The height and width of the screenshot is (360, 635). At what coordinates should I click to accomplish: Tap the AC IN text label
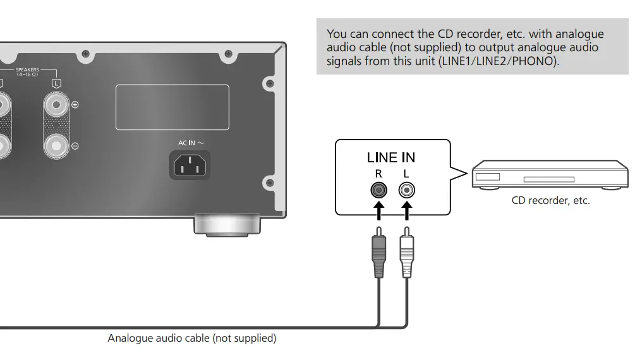[191, 143]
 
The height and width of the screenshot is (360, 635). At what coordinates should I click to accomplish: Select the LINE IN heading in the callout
[391, 157]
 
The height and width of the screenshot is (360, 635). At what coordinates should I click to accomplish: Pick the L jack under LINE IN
[406, 189]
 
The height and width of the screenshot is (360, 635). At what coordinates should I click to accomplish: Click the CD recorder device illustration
[550, 175]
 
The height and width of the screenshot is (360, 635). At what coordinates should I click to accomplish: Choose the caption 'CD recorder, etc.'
[550, 201]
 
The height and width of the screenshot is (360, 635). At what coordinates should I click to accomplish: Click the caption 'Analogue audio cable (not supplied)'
[192, 339]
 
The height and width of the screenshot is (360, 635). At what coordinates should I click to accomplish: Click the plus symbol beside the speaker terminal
[75, 105]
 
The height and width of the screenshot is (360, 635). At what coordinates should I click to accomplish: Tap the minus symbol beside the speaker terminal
[75, 146]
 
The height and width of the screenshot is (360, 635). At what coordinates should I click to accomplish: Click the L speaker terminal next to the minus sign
[57, 146]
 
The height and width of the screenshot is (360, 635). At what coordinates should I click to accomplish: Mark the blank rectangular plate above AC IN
[172, 107]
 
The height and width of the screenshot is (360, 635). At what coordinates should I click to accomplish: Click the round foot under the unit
[227, 224]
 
